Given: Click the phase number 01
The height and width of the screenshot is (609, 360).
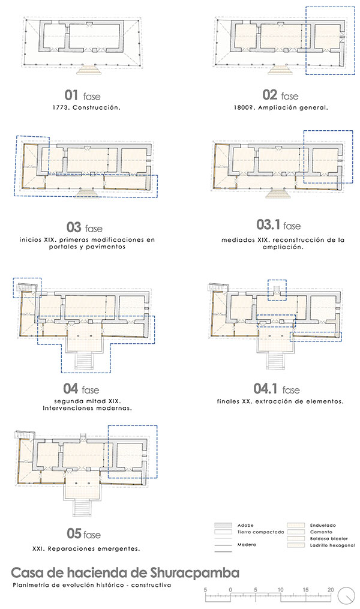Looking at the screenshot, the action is pyautogui.click(x=71, y=95).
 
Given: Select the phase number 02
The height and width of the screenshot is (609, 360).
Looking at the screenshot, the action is pyautogui.click(x=269, y=95).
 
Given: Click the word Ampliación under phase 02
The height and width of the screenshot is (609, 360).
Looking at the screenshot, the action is pyautogui.click(x=277, y=107).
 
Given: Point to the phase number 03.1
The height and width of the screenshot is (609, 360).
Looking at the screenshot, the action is pyautogui.click(x=268, y=225).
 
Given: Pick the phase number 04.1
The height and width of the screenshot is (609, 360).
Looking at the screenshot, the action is pyautogui.click(x=265, y=389).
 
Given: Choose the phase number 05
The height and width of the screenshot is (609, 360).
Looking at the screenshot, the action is pyautogui.click(x=74, y=533).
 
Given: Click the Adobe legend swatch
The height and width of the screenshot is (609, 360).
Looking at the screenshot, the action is pyautogui.click(x=223, y=525).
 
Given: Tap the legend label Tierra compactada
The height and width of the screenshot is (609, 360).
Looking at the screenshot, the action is pyautogui.click(x=260, y=532).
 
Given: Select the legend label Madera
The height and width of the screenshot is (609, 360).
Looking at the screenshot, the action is pyautogui.click(x=247, y=545).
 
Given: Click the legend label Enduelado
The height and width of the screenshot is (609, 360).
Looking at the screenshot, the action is pyautogui.click(x=323, y=525).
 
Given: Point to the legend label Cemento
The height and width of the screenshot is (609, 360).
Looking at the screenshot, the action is pyautogui.click(x=321, y=532).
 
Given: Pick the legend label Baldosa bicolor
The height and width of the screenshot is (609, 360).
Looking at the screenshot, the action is pyautogui.click(x=329, y=539).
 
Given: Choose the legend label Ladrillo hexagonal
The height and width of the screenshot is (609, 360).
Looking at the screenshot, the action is pyautogui.click(x=332, y=545).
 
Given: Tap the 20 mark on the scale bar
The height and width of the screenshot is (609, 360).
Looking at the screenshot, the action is pyautogui.click(x=331, y=590).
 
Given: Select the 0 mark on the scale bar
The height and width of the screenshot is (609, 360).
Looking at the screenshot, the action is pyautogui.click(x=230, y=590).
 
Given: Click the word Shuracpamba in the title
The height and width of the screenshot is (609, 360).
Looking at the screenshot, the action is pyautogui.click(x=195, y=573).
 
